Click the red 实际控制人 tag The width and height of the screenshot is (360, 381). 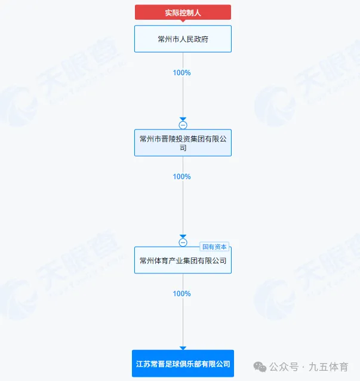tap(183, 13)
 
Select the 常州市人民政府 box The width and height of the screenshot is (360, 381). tap(183, 39)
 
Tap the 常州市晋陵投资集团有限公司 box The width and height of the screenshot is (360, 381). tap(183, 143)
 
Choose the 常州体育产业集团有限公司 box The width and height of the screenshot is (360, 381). tap(183, 260)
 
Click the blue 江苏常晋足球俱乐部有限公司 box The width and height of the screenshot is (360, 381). tap(183, 363)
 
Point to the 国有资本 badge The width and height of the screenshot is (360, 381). tap(214, 246)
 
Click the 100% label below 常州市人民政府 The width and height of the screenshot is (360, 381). tap(182, 73)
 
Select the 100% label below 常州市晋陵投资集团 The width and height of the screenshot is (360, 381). tap(182, 177)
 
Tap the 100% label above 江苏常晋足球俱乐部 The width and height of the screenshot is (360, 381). tap(182, 294)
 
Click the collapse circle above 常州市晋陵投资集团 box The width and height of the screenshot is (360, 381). tap(183, 125)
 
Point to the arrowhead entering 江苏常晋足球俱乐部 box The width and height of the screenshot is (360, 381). tap(183, 348)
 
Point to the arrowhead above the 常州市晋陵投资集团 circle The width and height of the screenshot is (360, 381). tap(183, 119)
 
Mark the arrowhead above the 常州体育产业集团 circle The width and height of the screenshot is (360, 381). tap(183, 236)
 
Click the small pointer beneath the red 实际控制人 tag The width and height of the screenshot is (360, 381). tap(183, 21)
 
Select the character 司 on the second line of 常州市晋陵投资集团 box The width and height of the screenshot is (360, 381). tap(183, 148)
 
